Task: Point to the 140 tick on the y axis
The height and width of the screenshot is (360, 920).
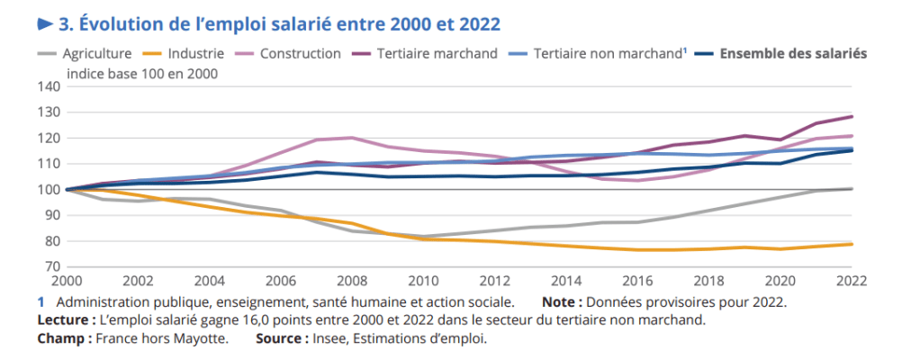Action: pyautogui.click(x=48, y=86)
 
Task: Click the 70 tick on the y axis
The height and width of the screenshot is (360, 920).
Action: pyautogui.click(x=51, y=267)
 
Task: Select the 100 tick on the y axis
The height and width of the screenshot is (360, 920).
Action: pyautogui.click(x=48, y=190)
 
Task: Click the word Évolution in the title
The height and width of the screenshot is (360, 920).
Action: pyautogui.click(x=118, y=22)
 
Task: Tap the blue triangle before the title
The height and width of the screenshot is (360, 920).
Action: pyautogui.click(x=44, y=22)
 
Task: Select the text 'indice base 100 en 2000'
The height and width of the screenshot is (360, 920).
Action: pyautogui.click(x=142, y=73)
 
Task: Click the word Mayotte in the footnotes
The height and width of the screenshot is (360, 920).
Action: pyautogui.click(x=196, y=339)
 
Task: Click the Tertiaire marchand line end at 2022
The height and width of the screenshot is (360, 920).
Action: pyautogui.click(x=852, y=116)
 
